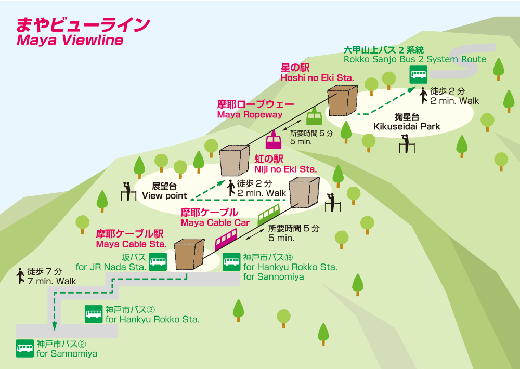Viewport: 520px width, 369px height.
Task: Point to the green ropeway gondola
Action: pyautogui.click(x=314, y=116)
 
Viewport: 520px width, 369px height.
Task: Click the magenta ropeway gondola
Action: pyautogui.click(x=274, y=140)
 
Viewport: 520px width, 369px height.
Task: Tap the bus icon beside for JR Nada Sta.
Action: pyautogui.click(x=158, y=262)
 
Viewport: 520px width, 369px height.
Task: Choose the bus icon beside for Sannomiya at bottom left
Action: pyautogui.click(x=24, y=348)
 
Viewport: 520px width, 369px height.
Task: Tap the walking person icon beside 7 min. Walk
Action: pyautogui.click(x=20, y=275)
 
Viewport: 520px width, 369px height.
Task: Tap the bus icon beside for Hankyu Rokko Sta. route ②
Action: pyautogui.click(x=94, y=314)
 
